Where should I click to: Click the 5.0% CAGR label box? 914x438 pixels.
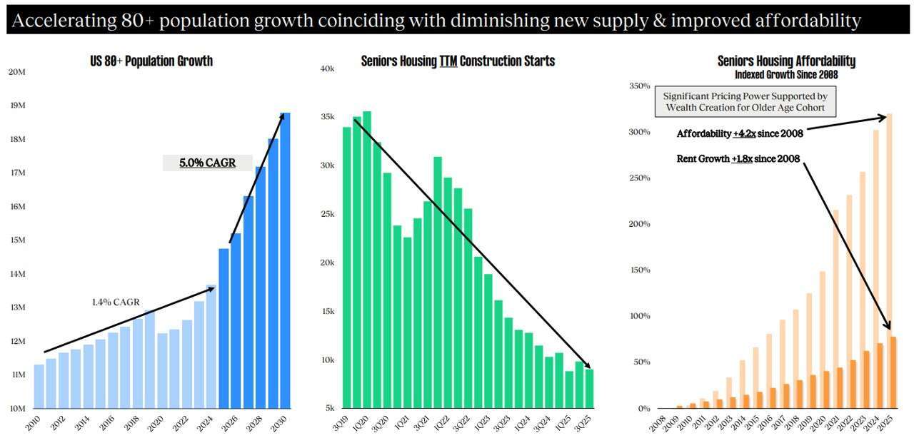[207, 163]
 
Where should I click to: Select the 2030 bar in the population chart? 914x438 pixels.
[285, 260]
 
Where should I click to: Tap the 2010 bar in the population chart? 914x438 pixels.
[39, 386]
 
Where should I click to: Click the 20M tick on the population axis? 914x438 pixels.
[16, 72]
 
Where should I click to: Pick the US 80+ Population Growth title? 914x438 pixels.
[151, 61]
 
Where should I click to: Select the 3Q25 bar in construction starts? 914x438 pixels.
[589, 388]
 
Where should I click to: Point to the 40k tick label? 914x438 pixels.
[327, 68]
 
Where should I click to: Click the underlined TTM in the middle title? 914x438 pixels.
[448, 61]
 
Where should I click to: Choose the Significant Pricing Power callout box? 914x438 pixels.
[745, 101]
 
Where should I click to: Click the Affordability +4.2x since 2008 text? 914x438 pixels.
[740, 133]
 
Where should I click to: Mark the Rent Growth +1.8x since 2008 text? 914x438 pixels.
[738, 158]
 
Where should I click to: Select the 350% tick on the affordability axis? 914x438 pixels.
[640, 86]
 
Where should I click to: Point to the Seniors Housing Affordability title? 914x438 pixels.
[786, 61]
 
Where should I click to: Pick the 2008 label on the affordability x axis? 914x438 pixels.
[658, 423]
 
